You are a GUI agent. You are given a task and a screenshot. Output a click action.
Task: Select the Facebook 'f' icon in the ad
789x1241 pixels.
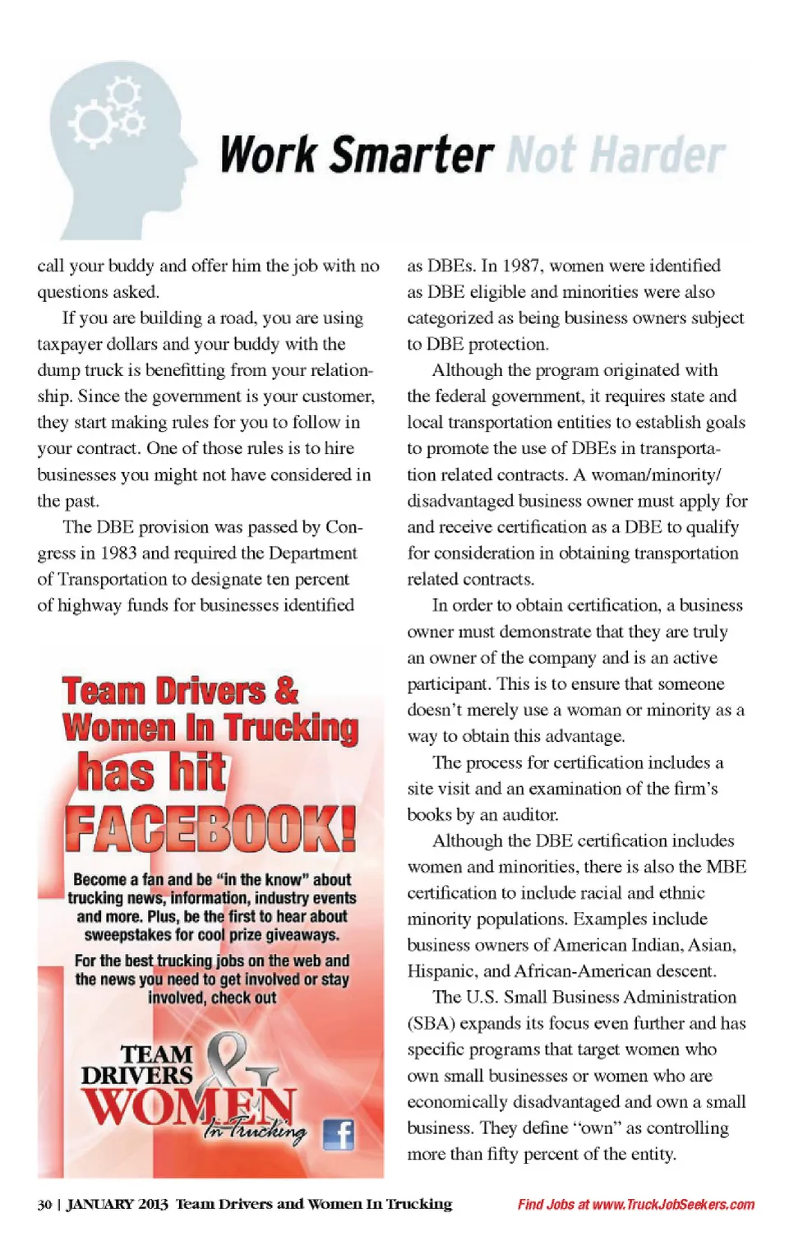coord(338,1134)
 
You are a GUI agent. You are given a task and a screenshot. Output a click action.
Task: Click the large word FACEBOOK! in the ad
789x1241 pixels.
coord(210,829)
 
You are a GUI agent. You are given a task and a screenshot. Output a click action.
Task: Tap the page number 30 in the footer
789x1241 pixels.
coord(44,1204)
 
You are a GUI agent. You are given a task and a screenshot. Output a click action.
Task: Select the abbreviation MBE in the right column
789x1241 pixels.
coord(727,867)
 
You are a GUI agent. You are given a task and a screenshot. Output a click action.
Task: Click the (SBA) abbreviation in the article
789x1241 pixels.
coord(431,1023)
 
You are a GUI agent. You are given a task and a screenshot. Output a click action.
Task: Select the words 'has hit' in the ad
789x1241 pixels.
coord(151,773)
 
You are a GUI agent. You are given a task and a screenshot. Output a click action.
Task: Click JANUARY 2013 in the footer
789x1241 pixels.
coord(117,1204)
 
